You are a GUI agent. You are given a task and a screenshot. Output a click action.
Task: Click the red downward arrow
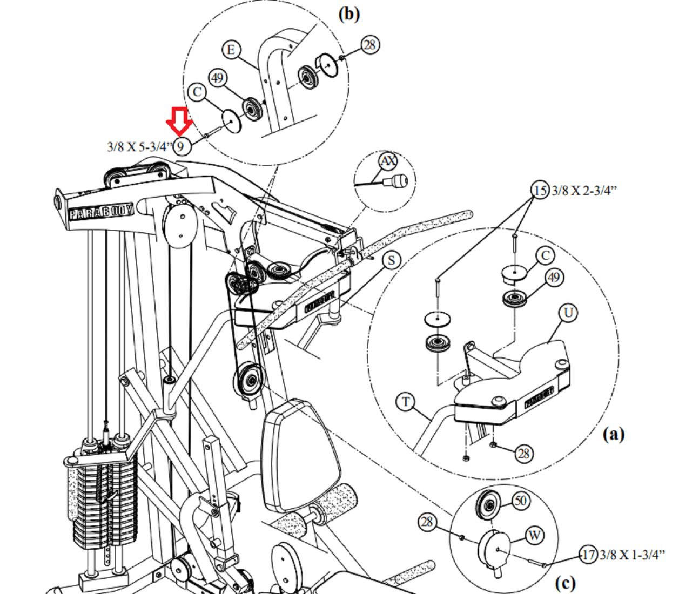pyautogui.click(x=179, y=121)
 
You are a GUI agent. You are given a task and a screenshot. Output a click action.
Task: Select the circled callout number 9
pyautogui.click(x=182, y=146)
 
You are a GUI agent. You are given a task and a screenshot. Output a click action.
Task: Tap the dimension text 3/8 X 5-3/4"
pyautogui.click(x=140, y=147)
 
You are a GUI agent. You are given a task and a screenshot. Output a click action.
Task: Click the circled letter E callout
pyautogui.click(x=231, y=50)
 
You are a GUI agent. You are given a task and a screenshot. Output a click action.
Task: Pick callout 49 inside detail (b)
pyautogui.click(x=218, y=78)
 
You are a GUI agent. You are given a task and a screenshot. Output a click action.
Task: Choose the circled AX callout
pyautogui.click(x=388, y=161)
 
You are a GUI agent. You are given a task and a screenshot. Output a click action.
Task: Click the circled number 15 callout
pyautogui.click(x=540, y=190)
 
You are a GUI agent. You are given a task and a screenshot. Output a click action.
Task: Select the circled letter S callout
pyautogui.click(x=392, y=260)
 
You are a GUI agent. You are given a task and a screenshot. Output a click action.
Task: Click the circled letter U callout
pyautogui.click(x=568, y=313)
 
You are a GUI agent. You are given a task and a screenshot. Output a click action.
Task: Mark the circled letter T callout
pyautogui.click(x=406, y=402)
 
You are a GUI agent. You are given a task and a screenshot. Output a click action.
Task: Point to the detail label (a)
pyautogui.click(x=614, y=434)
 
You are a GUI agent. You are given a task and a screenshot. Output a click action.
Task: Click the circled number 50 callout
pyautogui.click(x=521, y=501)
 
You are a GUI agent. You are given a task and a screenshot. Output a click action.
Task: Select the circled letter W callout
pyautogui.click(x=535, y=536)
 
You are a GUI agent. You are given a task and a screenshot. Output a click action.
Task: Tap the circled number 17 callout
pyautogui.click(x=589, y=555)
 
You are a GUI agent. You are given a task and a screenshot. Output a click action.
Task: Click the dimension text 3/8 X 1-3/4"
pyautogui.click(x=632, y=555)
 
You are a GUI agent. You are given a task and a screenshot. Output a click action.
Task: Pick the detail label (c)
pyautogui.click(x=565, y=583)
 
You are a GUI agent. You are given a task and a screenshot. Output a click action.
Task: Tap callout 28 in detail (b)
pyautogui.click(x=371, y=45)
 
